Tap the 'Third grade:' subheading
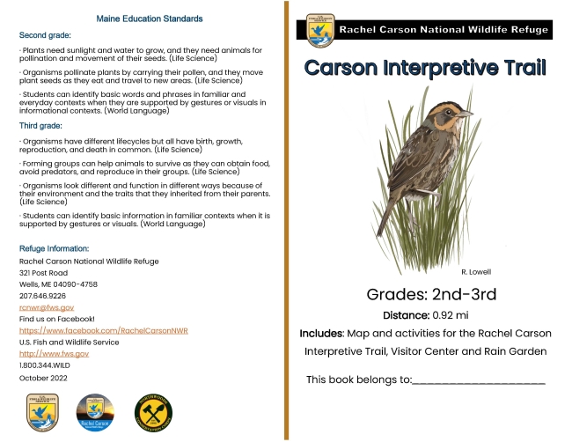40,126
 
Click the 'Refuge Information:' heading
55,249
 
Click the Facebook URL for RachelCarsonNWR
103,330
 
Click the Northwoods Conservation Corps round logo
150,412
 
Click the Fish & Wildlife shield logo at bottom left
43,412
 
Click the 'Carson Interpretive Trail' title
426,68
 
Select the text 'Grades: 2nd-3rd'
426,293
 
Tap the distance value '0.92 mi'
451,314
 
